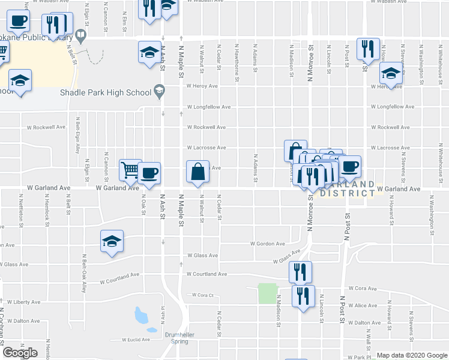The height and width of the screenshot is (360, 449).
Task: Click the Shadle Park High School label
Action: tap(106, 92)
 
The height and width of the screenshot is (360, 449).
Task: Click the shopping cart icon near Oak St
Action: tap(130, 170)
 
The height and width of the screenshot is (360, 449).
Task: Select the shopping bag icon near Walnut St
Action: tap(197, 172)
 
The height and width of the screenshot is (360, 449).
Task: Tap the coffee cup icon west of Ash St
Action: tap(149, 173)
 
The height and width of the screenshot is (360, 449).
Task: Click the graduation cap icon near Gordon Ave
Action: tap(112, 241)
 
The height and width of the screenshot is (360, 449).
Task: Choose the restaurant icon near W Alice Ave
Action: tap(304, 296)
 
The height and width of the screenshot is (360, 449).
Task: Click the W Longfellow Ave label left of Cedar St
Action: tap(208, 107)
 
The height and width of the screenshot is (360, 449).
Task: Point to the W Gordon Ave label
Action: tap(268, 244)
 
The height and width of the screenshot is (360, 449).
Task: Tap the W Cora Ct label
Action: tap(203, 295)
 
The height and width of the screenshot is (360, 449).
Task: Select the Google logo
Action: tap(20, 353)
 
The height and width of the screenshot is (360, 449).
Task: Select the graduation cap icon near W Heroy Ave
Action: tap(391, 74)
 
